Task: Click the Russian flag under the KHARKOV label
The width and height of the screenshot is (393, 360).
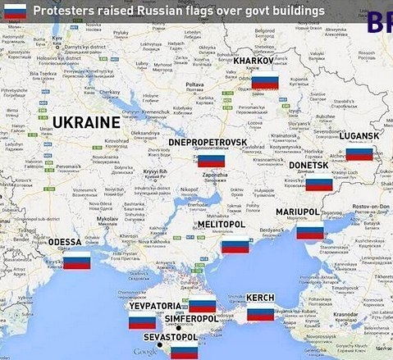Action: pos(267,81)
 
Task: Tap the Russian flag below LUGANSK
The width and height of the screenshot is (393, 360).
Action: pos(359,153)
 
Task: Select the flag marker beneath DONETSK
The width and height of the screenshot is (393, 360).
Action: pos(318,182)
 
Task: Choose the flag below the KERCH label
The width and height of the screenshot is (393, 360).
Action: pos(260,312)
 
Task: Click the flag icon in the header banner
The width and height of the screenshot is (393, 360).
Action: pos(14,11)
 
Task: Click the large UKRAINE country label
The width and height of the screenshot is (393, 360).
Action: pos(86,122)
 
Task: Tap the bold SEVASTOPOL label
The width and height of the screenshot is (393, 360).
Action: pos(171,337)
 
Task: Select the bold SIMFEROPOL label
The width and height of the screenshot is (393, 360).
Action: pos(191,319)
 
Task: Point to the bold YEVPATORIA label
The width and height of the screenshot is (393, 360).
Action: pos(155,306)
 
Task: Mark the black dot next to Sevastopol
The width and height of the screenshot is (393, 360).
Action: pos(160,346)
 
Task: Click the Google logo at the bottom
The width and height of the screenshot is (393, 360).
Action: pos(146,353)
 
